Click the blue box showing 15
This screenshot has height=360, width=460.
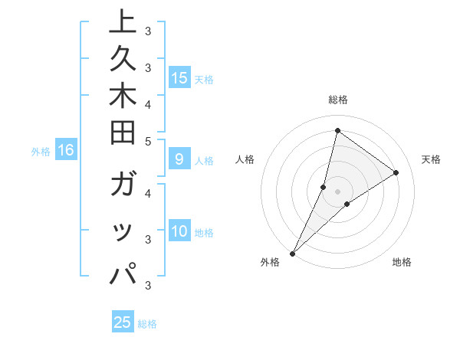point(179,78)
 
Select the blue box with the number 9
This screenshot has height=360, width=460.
point(179,160)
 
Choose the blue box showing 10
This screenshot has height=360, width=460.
point(179,232)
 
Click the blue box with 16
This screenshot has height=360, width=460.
point(66,151)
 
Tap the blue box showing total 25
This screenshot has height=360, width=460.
point(123,322)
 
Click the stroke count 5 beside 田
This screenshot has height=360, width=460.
point(148,141)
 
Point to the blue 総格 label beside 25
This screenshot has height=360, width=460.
point(147,324)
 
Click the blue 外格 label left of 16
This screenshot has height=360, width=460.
point(41,152)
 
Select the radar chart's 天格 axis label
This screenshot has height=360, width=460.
point(431,159)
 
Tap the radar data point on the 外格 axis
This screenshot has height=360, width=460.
point(293,253)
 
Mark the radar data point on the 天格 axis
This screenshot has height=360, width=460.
point(396,172)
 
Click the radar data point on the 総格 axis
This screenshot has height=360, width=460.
point(337,130)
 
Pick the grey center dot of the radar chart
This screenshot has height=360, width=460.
point(337,191)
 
